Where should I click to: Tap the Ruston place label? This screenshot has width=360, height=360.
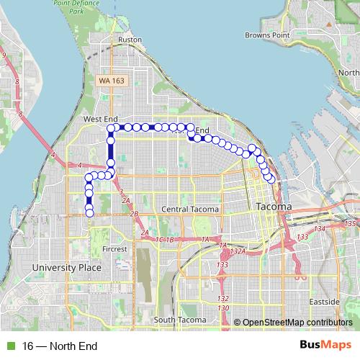tap(130, 40)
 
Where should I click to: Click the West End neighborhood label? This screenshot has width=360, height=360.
tap(100, 118)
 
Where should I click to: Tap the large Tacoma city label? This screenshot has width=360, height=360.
tap(274, 207)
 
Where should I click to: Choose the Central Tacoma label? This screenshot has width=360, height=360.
tap(189, 210)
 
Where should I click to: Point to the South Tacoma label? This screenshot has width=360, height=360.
tap(180, 320)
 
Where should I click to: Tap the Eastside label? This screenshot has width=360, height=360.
tap(324, 300)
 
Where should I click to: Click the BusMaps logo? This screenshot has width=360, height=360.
tap(327, 346)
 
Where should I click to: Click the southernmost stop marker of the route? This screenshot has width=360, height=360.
tap(89, 212)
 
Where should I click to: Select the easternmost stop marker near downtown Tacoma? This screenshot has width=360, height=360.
tap(271, 180)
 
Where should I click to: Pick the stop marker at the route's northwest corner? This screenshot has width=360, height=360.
tap(111, 127)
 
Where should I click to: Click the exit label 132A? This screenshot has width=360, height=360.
tap(239, 251)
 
